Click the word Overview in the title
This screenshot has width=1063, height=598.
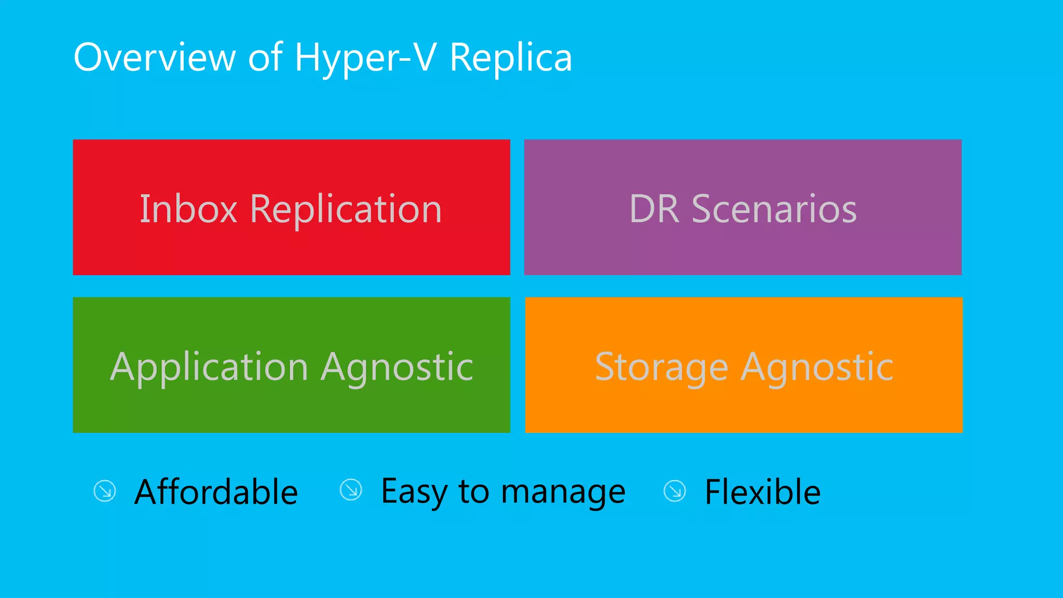click(x=155, y=57)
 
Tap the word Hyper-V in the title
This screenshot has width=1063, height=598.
click(x=365, y=58)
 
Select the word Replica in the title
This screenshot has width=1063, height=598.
click(x=511, y=58)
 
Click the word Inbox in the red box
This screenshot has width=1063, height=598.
click(x=188, y=209)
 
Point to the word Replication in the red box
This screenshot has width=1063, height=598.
click(x=346, y=210)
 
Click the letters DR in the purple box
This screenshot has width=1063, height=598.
click(x=654, y=209)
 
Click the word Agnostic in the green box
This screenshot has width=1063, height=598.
click(x=397, y=368)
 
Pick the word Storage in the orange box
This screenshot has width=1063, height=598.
click(x=662, y=368)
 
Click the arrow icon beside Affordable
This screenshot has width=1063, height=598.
click(x=105, y=491)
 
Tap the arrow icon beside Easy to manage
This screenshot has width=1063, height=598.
click(x=351, y=490)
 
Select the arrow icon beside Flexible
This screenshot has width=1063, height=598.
click(x=675, y=491)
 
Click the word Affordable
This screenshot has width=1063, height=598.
click(x=216, y=492)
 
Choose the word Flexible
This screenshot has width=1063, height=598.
click(x=762, y=492)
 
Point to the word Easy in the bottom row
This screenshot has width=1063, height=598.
click(x=413, y=492)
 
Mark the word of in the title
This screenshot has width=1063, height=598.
click(x=265, y=57)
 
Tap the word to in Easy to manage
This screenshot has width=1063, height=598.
click(x=474, y=492)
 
